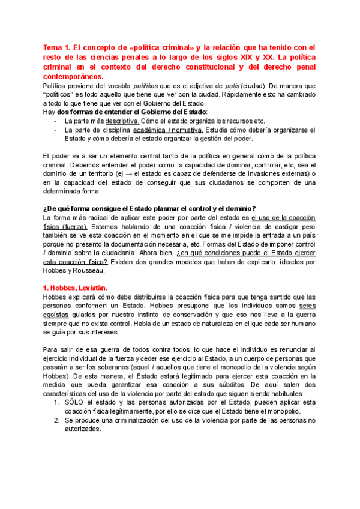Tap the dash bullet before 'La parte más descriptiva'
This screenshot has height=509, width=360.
click(56, 121)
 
